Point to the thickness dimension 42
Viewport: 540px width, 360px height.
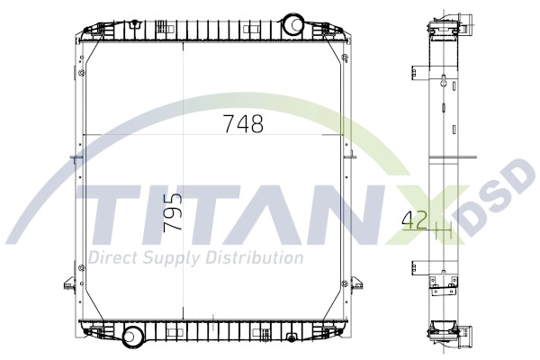point(414,219)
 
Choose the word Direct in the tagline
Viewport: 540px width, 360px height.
point(111,258)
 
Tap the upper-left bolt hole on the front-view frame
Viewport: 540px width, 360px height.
point(82,74)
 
